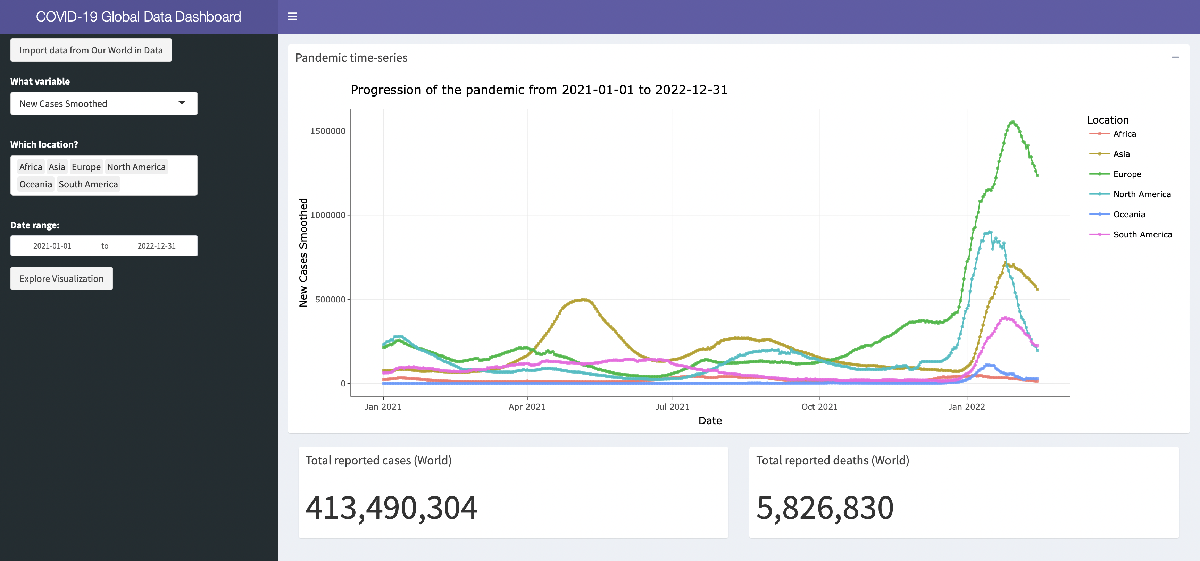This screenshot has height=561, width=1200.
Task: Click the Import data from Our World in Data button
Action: [x=91, y=50]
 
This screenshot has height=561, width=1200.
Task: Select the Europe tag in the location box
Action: [x=86, y=167]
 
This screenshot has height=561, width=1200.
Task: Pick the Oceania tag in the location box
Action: [x=36, y=184]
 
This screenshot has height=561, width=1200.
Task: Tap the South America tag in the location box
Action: [x=89, y=184]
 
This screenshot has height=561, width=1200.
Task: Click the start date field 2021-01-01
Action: [x=52, y=246]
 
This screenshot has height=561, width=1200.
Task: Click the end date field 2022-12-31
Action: [x=157, y=246]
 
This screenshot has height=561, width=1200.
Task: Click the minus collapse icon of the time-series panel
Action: [x=1175, y=57]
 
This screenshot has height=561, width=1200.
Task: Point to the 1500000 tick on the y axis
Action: [x=328, y=131]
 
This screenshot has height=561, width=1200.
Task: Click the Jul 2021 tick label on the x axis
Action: [x=672, y=407]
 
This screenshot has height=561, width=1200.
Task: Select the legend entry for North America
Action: [x=1130, y=194]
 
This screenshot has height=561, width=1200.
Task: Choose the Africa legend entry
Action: [x=1113, y=134]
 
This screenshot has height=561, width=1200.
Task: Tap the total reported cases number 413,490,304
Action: [x=391, y=508]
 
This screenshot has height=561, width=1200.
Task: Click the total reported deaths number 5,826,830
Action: [x=825, y=508]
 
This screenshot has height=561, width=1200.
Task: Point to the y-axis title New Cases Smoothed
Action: [x=303, y=252]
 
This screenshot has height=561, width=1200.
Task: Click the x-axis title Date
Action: [x=710, y=421]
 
